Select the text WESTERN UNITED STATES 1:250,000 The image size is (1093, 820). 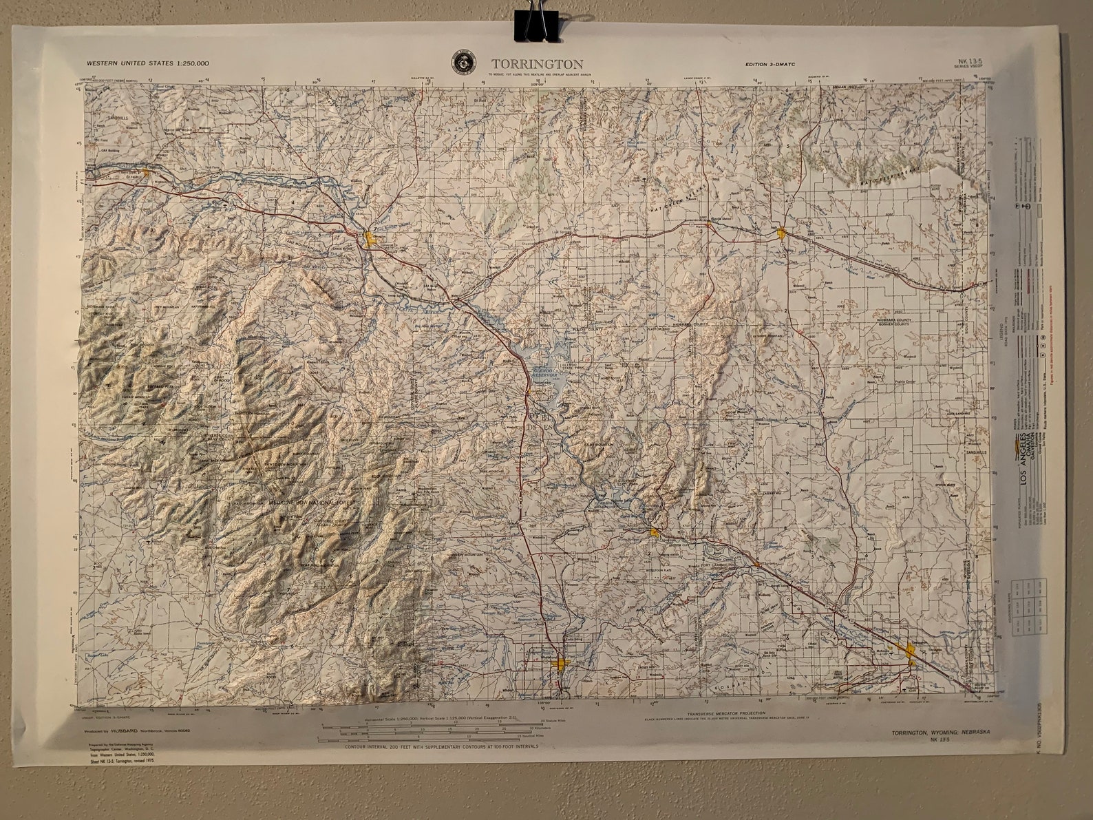(148, 63)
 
